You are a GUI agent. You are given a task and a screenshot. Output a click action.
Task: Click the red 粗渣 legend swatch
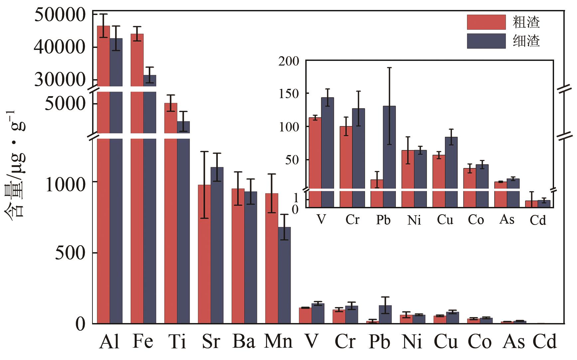pos(486,22)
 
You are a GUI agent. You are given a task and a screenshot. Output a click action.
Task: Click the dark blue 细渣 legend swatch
pos(486,41)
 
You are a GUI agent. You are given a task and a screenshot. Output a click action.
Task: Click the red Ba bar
pos(238,256)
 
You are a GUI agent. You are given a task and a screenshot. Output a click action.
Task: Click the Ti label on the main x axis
pos(177,342)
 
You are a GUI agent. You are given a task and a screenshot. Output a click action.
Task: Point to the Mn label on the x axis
pos(278,342)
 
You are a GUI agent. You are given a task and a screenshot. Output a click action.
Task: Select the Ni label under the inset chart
pos(414,220)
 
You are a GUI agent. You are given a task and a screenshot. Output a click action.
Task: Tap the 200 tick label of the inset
pos(289,61)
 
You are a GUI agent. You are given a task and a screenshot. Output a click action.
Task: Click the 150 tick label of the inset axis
pos(289,94)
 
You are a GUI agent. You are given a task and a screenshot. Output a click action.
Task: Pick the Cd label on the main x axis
pos(544,342)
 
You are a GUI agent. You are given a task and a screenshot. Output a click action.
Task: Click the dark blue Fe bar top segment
pos(150,81)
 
